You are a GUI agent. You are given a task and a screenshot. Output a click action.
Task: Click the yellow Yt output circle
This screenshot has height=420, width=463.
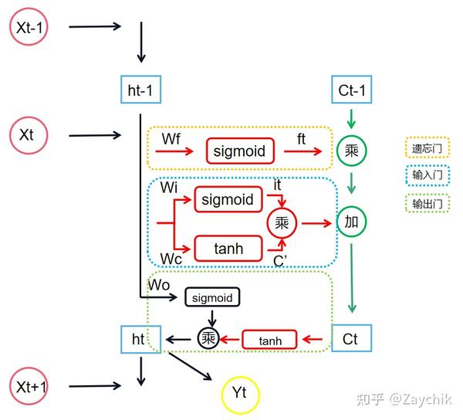(x=240, y=394)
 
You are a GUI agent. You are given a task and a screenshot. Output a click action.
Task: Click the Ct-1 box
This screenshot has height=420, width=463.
(x=351, y=90)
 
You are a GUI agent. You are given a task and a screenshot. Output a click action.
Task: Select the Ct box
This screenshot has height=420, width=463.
(x=351, y=338)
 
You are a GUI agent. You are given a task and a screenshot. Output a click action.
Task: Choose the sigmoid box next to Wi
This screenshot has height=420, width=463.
(x=226, y=200)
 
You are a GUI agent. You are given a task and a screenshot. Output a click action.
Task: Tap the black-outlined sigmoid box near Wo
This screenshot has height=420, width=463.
(x=211, y=297)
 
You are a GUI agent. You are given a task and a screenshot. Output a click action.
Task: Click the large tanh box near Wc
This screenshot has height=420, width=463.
(x=226, y=249)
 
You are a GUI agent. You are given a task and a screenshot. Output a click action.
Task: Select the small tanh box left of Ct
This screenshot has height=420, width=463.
(x=269, y=339)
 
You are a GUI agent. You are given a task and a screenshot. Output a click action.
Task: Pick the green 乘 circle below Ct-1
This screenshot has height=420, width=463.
(x=352, y=151)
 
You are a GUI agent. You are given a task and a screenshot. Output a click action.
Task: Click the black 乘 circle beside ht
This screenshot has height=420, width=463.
(x=208, y=338)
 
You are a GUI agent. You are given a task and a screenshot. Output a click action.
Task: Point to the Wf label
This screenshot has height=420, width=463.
(x=172, y=139)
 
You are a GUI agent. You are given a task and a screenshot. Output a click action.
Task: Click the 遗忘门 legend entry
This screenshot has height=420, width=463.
(x=422, y=146)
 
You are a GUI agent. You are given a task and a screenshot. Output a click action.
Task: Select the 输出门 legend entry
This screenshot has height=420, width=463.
(x=422, y=205)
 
